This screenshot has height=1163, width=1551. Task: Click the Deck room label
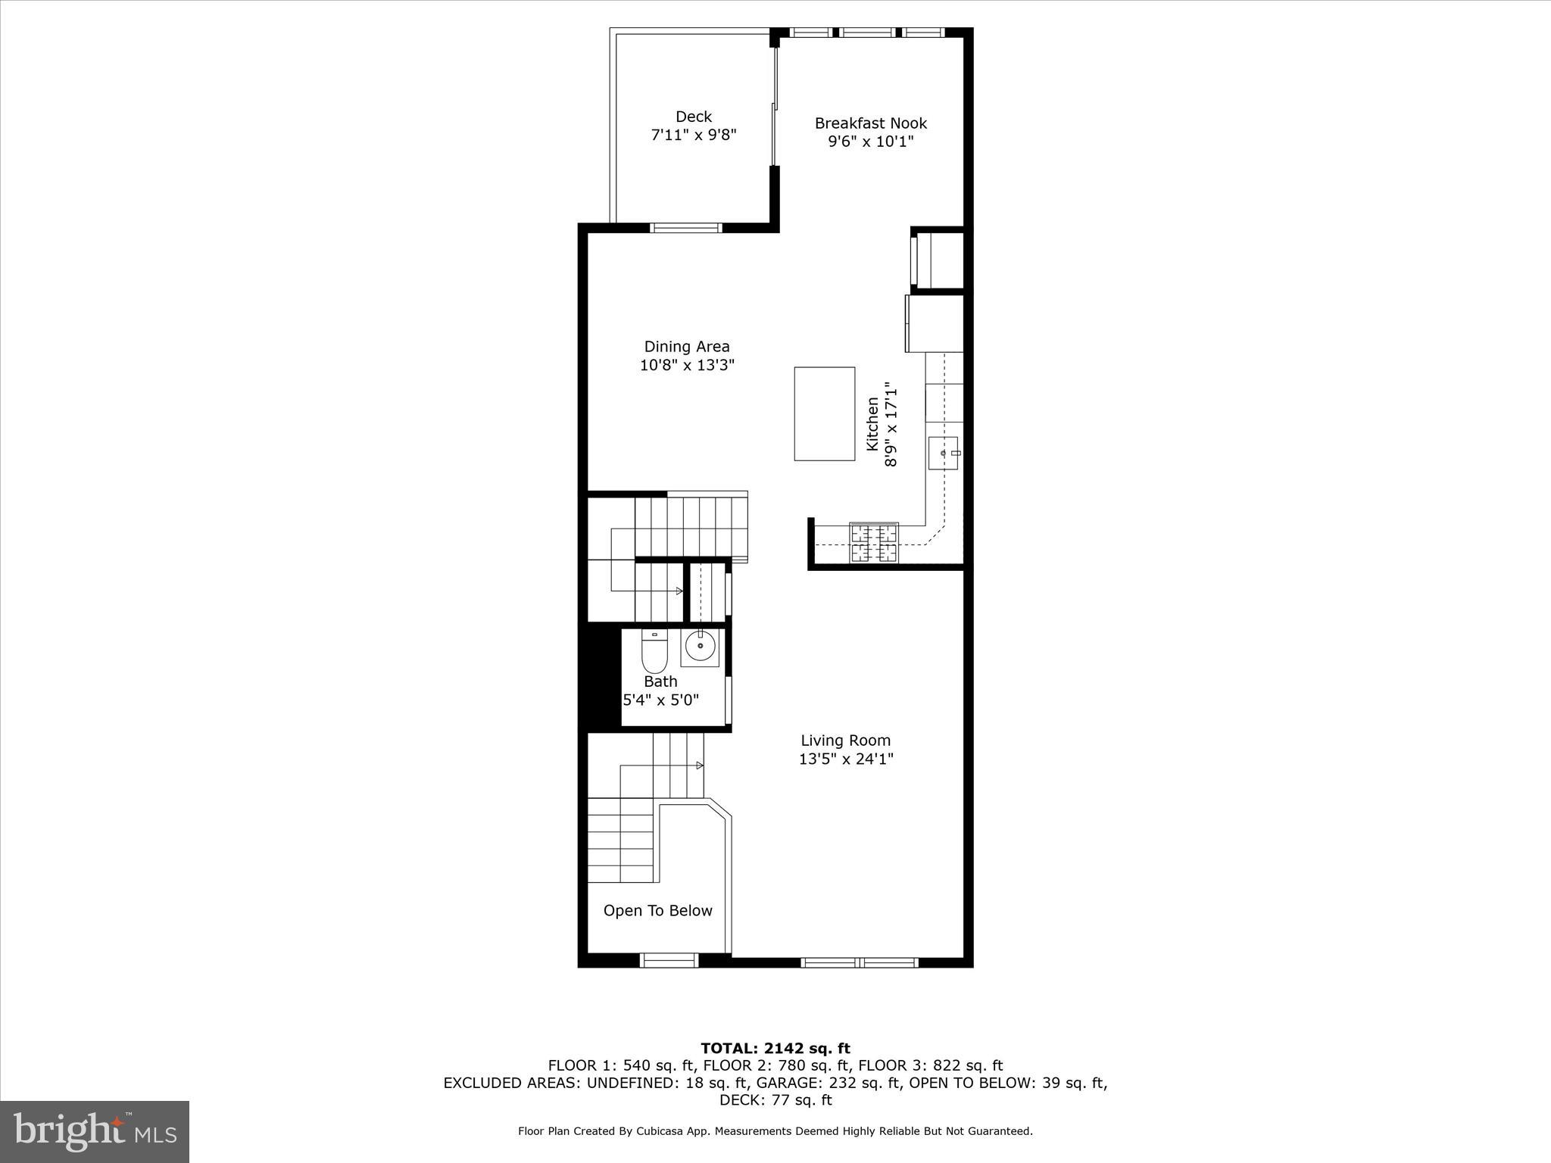coord(693,117)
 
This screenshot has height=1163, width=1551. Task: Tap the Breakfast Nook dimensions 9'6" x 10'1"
coord(870,142)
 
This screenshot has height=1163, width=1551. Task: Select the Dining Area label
coord(686,347)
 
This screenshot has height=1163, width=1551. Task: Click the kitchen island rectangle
coord(824,413)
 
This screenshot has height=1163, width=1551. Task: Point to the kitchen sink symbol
coord(943,453)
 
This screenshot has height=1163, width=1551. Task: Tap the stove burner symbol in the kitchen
coord(874,544)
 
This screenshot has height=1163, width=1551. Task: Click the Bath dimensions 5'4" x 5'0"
coord(660,700)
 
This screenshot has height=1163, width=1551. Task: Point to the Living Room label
coord(845,741)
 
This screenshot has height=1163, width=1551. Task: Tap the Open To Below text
coord(657,911)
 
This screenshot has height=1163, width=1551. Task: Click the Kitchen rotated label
coord(873,425)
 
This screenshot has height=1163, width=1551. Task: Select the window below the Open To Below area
coord(668,961)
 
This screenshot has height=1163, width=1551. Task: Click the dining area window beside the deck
coord(687,228)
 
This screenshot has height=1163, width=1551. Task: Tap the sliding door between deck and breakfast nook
coord(774,106)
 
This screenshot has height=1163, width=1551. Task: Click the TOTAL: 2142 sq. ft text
coord(775,1049)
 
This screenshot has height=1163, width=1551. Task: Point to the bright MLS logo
coord(95,1132)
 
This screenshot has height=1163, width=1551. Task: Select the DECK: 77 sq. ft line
coord(775,1100)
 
